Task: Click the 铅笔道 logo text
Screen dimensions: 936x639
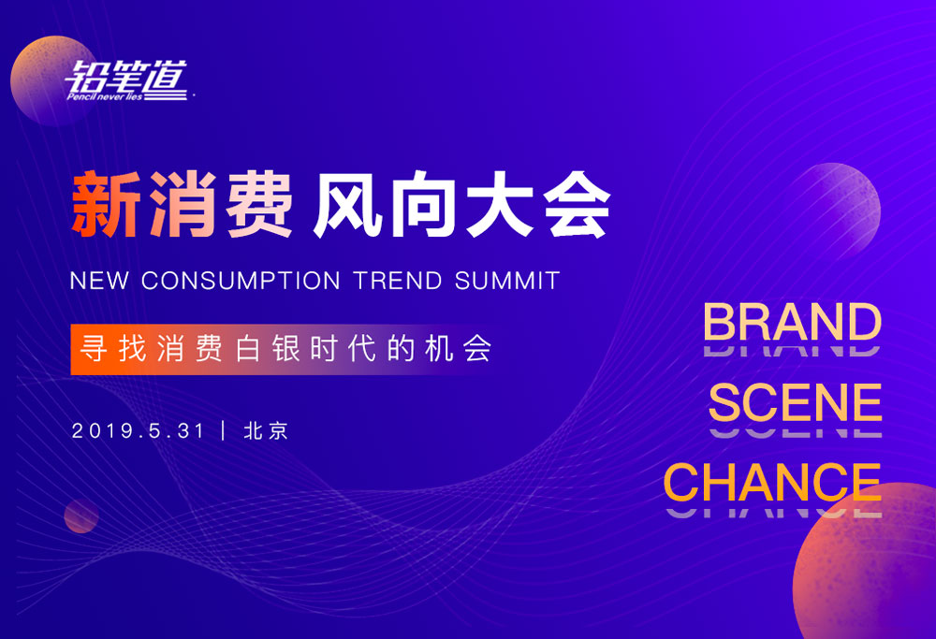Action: tap(126, 77)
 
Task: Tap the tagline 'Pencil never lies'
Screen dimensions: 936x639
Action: tap(105, 96)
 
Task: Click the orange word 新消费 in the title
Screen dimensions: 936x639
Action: tap(182, 205)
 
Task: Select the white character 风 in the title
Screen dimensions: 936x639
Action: tap(347, 205)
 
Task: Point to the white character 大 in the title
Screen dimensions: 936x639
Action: tap(500, 205)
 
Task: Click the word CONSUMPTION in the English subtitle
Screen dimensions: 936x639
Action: tap(241, 281)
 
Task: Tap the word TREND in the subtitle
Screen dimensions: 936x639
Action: tap(398, 281)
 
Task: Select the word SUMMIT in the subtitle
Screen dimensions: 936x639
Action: tap(507, 281)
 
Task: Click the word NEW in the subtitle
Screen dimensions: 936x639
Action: tap(99, 281)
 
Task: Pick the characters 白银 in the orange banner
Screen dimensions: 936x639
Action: tap(268, 348)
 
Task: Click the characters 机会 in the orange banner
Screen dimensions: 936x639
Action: tap(459, 348)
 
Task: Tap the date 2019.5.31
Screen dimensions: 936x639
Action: tap(138, 430)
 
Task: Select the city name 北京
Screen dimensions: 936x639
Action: tap(266, 430)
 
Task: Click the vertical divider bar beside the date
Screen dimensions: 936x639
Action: tap(224, 430)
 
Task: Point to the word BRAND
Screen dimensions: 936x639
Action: tap(792, 322)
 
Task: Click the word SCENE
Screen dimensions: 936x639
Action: tap(795, 402)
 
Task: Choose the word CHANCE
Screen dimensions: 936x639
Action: tap(772, 482)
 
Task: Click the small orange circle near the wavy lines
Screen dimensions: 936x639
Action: tap(81, 516)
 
